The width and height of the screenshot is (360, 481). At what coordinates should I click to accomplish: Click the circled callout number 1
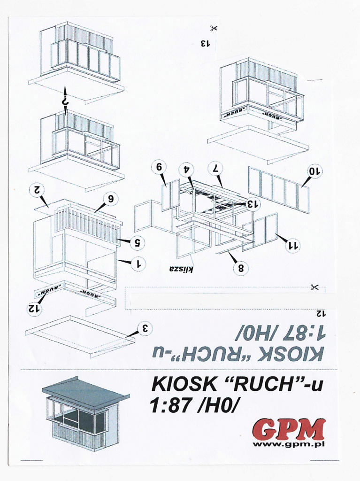click(139, 263)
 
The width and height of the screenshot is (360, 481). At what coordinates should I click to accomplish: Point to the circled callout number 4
click(187, 169)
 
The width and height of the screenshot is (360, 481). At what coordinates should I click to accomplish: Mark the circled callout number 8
click(241, 268)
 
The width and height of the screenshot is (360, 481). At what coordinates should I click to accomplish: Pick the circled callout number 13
click(253, 204)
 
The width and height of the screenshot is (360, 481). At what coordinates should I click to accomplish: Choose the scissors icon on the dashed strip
click(314, 287)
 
